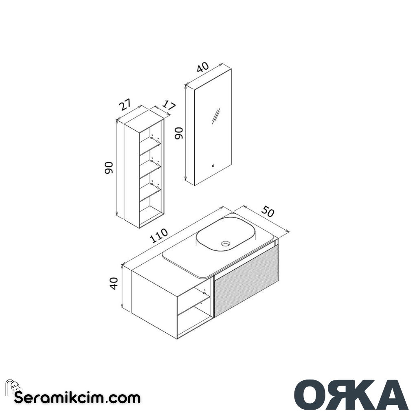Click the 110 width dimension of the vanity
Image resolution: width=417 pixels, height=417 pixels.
point(159,236)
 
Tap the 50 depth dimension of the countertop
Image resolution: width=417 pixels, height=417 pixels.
point(268,213)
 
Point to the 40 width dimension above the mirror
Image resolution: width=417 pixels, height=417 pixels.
point(202,68)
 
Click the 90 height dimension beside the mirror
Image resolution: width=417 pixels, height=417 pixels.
point(180,133)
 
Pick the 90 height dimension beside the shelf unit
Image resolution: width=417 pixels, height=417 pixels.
point(109,168)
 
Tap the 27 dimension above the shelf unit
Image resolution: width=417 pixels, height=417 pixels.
point(125,105)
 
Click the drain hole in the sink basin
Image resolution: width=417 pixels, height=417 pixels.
point(225,244)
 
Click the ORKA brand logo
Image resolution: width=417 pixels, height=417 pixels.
point(351,395)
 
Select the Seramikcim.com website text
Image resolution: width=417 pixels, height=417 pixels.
point(77,397)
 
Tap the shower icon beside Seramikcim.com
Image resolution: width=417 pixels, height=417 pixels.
point(11,387)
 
